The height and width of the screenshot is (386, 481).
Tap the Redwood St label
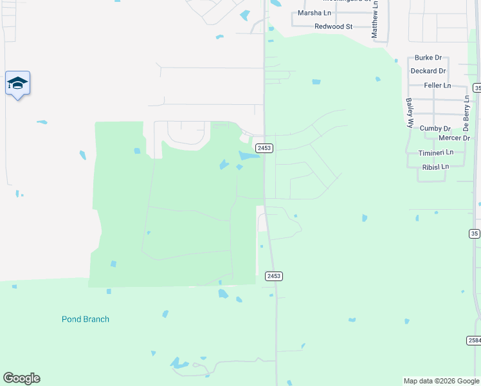click(334, 26)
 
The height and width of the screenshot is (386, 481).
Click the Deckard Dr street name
click(429, 71)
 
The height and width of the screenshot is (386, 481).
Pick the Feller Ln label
click(437, 86)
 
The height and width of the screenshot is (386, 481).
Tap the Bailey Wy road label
click(409, 113)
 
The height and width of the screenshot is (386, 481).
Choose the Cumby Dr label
click(435, 129)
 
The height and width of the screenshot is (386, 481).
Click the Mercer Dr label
click(454, 138)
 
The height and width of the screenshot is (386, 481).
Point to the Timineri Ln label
click(436, 152)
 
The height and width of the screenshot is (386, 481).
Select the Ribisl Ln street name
click(435, 167)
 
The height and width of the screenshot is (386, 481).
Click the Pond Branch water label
click(86, 319)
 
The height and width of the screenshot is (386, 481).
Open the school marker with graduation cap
click(17, 83)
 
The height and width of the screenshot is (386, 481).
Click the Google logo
click(21, 378)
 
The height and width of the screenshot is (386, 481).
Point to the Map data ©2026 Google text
click(442, 381)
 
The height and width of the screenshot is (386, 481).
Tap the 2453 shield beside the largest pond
click(264, 148)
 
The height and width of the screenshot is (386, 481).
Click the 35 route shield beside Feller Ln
click(477, 87)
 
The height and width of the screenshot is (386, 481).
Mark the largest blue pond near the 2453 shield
click(248, 156)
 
